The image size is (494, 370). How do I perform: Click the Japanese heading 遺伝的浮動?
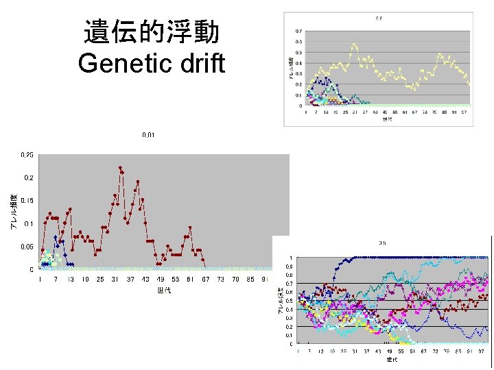click(151, 32)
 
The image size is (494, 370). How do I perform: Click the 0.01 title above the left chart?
click(148, 135)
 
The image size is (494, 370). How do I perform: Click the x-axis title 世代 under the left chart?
click(164, 291)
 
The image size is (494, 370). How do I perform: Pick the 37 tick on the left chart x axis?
click(130, 279)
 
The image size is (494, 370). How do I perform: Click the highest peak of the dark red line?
click(119, 166)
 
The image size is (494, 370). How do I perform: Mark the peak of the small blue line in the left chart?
click(55, 236)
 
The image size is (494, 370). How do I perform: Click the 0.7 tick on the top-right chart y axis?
click(298, 32)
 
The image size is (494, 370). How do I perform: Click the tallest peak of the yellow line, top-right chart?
click(354, 44)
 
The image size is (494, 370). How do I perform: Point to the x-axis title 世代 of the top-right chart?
click(387, 120)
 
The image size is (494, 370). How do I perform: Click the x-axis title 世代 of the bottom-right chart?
click(391, 358)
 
